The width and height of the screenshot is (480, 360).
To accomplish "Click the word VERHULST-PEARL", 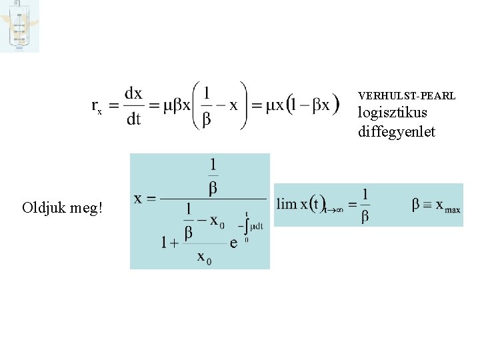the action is tap(407, 96).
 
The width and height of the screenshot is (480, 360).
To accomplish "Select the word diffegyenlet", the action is tap(396, 132).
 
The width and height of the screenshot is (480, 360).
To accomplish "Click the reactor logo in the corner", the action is tap(19, 26).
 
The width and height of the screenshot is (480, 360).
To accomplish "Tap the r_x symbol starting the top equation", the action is tap(97, 107).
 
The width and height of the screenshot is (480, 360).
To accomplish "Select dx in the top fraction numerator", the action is tap(133, 94).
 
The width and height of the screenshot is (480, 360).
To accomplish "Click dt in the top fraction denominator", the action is tap(133, 119).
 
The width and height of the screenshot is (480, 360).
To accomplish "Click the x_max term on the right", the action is tap(447, 205).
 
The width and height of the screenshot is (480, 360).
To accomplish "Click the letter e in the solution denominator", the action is tap(233, 243).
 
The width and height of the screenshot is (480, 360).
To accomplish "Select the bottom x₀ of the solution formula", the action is tap(204, 257).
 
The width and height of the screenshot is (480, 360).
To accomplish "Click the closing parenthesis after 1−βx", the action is tap(335, 105).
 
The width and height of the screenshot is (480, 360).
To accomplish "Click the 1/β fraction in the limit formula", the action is tap(365, 205).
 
